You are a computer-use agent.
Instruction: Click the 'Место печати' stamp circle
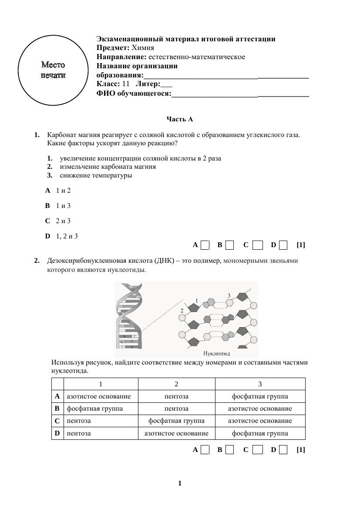point(54,70)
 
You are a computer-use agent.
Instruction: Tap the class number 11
point(126,84)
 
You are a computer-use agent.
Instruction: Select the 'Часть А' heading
point(180,119)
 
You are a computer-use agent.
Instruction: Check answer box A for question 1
point(205,245)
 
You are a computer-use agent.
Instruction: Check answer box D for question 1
point(283,245)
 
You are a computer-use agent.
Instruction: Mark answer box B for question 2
point(230,450)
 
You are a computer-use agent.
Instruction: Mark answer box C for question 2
point(258,450)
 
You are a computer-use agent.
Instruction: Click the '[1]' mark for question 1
point(301,245)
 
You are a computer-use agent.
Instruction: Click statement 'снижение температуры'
point(96,176)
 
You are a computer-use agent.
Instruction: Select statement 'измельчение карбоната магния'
point(108,167)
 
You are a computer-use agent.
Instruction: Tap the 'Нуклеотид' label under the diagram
point(216,354)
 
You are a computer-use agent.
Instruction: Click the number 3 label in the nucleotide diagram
point(229,296)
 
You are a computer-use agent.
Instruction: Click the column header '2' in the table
point(176,384)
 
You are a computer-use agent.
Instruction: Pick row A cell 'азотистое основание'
point(99,396)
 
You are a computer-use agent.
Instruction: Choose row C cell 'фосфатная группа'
point(176,421)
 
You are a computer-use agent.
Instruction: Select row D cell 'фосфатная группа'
point(260,433)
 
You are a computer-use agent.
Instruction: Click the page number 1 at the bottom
point(180,483)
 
